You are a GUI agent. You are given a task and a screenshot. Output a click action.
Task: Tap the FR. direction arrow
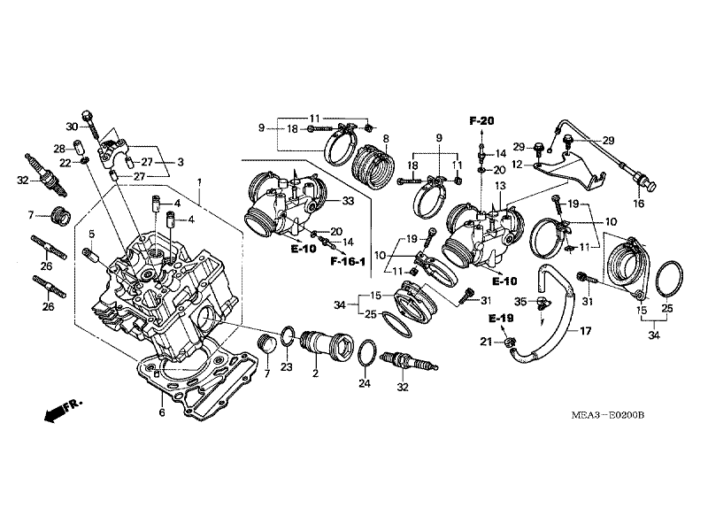click(x=61, y=408)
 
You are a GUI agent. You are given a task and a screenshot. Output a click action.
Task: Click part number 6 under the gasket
click(x=161, y=412)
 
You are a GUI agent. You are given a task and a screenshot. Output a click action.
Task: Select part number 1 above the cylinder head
click(x=200, y=181)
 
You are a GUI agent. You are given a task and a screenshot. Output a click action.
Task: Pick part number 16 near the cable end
click(x=637, y=203)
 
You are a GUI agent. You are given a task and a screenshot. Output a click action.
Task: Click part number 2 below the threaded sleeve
click(x=314, y=374)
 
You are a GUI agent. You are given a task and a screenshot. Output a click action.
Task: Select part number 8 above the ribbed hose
click(x=500, y=187)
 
